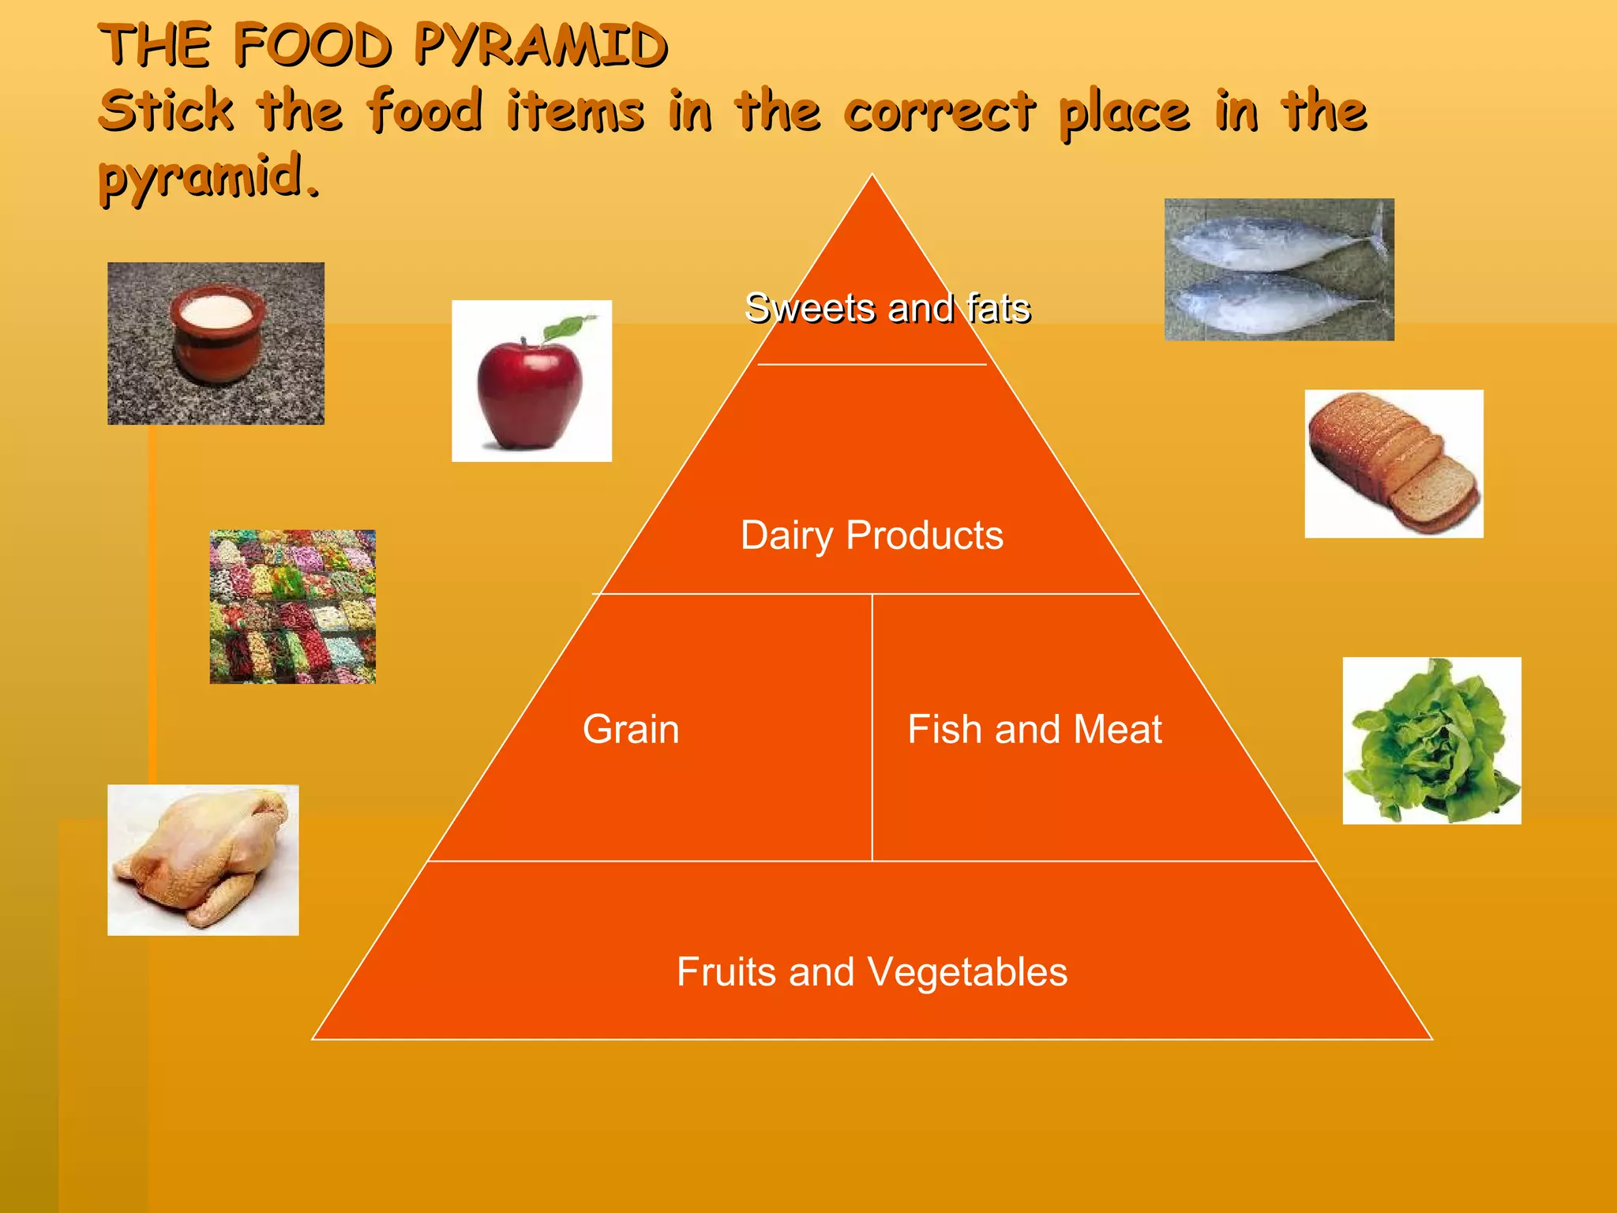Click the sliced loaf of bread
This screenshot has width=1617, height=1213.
coord(1393,463)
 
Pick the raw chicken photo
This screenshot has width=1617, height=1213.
coord(203,860)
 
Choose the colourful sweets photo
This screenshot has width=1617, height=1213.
coord(292,606)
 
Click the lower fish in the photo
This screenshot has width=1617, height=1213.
coord(1271,304)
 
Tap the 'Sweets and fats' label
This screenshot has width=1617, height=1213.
coord(887,308)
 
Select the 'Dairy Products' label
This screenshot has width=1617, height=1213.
coord(872,535)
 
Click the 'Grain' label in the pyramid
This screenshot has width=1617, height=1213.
coord(631,729)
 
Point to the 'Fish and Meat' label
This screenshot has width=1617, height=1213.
coord(1034,729)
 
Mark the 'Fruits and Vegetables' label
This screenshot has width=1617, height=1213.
coord(872,971)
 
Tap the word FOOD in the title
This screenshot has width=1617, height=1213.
coord(312,45)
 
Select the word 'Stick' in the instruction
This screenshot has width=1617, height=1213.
coord(166,111)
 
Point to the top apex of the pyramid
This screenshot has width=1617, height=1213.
coord(872,177)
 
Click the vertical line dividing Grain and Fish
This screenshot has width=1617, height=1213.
coord(872,727)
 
